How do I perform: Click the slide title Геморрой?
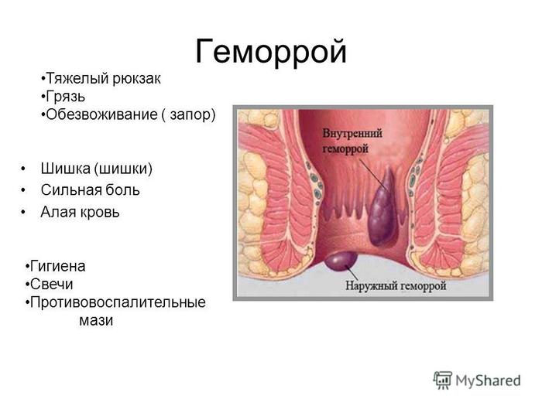pyautogui.click(x=271, y=53)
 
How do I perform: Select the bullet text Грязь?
pyautogui.click(x=65, y=97)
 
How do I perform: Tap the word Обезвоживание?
pyautogui.click(x=101, y=114)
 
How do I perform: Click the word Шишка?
pyautogui.click(x=65, y=169)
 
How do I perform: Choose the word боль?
pyautogui.click(x=122, y=190)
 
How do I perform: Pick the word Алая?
pyautogui.click(x=57, y=212)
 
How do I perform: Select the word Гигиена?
pyautogui.click(x=58, y=266)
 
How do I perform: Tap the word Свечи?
pyautogui.click(x=52, y=285)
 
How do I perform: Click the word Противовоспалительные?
pyautogui.click(x=118, y=303)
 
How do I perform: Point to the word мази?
pyautogui.click(x=96, y=321)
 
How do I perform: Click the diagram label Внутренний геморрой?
pyautogui.click(x=352, y=142)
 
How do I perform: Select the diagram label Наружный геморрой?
pyautogui.click(x=396, y=286)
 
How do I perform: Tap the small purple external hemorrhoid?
pyautogui.click(x=341, y=261)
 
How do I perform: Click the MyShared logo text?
pyautogui.click(x=488, y=381)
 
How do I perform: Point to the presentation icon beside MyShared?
pyautogui.click(x=443, y=380)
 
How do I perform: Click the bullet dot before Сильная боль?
pyautogui.click(x=23, y=190)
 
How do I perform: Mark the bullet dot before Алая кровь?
pyautogui.click(x=23, y=212)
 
